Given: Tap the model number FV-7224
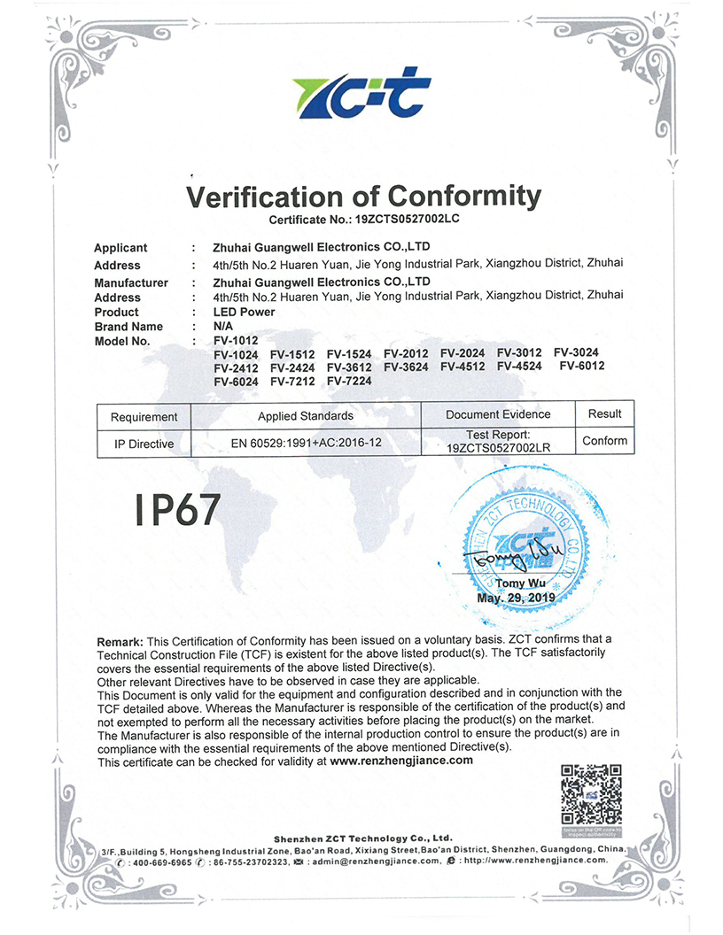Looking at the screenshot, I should (349, 381).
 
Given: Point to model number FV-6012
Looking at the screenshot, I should (579, 367).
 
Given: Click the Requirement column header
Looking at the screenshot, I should (144, 416).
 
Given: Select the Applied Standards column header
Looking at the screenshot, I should (306, 415).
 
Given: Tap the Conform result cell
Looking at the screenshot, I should (604, 441).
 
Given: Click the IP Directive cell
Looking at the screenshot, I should (144, 444).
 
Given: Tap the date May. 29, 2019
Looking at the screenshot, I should (516, 598).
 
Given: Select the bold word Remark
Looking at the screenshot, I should (120, 640).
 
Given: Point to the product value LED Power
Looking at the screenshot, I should (244, 312).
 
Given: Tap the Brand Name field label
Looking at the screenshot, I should (128, 326).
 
